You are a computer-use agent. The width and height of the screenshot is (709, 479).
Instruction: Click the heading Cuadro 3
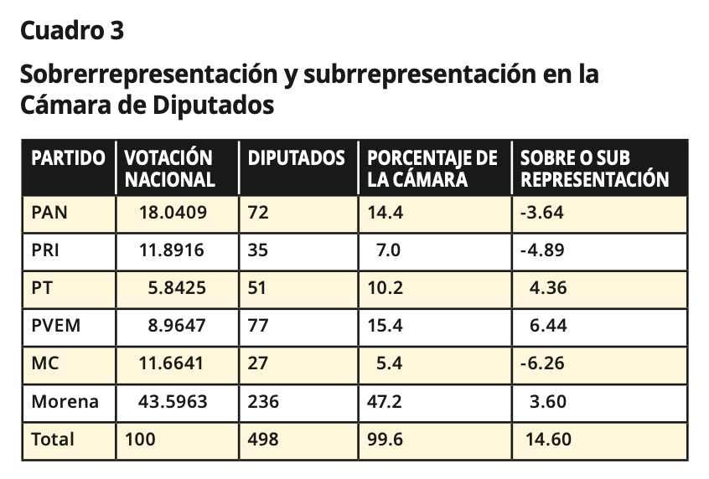click(x=72, y=31)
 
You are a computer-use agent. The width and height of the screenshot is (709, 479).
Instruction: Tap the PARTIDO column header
click(x=68, y=157)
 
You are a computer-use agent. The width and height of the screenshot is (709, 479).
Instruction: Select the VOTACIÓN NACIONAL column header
click(x=169, y=168)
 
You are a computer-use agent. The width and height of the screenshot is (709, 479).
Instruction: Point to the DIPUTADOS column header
click(x=296, y=157)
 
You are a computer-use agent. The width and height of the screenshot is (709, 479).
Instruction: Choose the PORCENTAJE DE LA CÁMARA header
click(x=432, y=168)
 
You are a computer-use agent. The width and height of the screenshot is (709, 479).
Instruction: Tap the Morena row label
click(x=65, y=402)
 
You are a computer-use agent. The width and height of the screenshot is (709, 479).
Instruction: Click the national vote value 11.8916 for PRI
click(x=172, y=250)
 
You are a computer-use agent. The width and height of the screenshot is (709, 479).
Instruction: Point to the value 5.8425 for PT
click(x=177, y=288)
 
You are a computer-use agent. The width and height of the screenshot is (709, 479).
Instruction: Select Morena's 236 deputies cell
click(x=264, y=402)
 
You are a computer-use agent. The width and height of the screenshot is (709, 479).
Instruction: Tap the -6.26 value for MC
click(x=542, y=364)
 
